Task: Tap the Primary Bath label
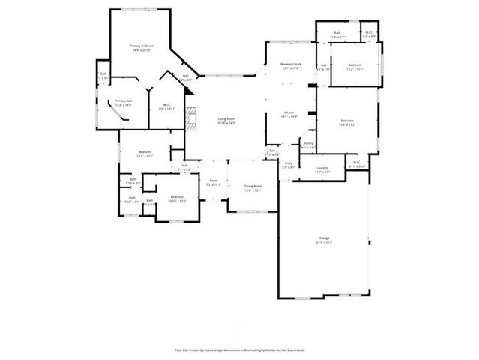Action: click(123, 100)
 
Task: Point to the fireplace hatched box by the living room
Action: click(192, 119)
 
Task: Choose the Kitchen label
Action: click(289, 112)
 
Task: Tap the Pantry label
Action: click(308, 142)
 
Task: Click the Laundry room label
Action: click(322, 169)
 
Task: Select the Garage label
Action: click(324, 238)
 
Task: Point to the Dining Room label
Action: click(253, 186)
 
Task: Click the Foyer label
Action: click(213, 180)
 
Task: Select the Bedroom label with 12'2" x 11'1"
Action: click(355, 65)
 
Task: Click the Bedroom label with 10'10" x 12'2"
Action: click(177, 196)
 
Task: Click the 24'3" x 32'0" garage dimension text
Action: click(324, 242)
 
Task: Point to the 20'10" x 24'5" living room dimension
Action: click(226, 123)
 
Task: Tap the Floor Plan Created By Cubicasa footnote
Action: click(239, 349)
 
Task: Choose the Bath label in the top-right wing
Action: click(337, 32)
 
